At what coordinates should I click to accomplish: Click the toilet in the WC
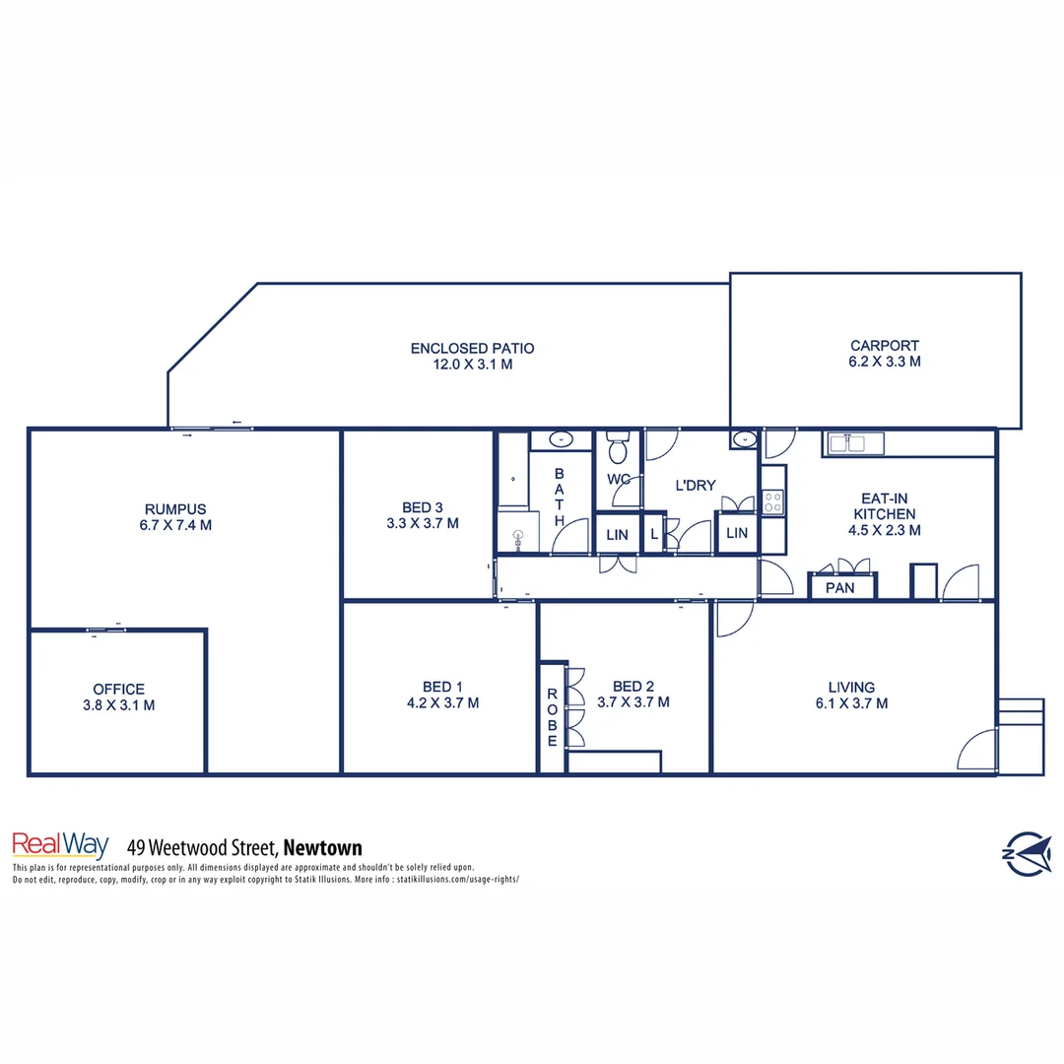click(x=618, y=447)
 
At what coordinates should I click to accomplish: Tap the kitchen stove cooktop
click(x=773, y=502)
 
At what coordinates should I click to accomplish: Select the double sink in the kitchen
click(x=846, y=443)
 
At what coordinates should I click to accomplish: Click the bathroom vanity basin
click(x=561, y=440)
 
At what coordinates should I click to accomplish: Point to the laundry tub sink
click(x=745, y=439)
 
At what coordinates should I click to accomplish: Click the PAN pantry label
click(x=839, y=588)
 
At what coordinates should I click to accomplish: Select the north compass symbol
click(x=1027, y=852)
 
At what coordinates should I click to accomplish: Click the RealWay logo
click(x=60, y=845)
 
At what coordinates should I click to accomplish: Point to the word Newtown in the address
click(x=322, y=847)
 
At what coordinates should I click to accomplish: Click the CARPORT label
click(x=885, y=346)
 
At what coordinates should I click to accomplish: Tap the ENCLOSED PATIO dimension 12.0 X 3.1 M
click(x=473, y=365)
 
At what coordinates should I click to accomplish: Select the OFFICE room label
click(x=118, y=689)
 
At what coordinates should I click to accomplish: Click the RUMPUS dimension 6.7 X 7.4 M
click(x=175, y=525)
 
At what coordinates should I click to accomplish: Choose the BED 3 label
click(x=422, y=507)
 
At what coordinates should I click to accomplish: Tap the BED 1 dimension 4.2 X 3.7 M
click(x=442, y=703)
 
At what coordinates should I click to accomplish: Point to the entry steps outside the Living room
click(x=1021, y=737)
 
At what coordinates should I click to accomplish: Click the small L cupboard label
click(x=654, y=534)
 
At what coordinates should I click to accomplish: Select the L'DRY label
click(x=695, y=486)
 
